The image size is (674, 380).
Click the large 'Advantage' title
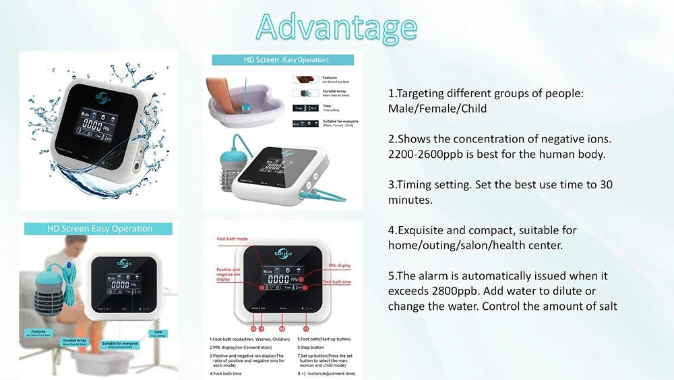[336, 28]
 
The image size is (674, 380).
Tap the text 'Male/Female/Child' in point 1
[437, 109]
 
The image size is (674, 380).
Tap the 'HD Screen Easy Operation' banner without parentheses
[99, 229]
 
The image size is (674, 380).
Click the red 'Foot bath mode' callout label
[232, 239]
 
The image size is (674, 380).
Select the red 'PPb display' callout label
[339, 265]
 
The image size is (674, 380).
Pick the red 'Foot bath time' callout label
[336, 281]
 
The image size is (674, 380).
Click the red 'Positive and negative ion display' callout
[228, 274]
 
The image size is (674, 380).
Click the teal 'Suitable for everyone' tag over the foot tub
[120, 345]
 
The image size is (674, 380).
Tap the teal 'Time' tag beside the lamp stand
[158, 333]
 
